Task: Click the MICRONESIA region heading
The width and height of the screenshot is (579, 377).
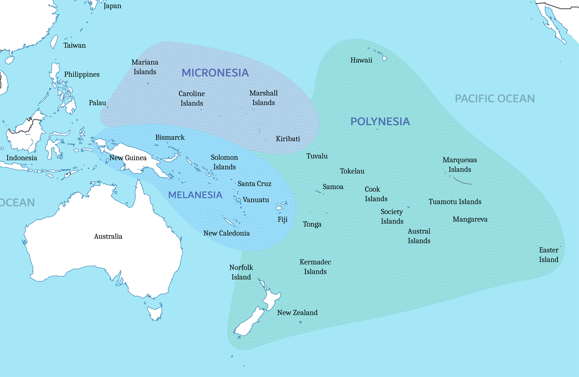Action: tap(215, 73)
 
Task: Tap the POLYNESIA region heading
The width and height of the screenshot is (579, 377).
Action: tap(380, 122)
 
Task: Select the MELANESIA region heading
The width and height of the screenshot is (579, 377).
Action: tap(195, 195)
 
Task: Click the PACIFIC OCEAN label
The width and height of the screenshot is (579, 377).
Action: tap(495, 99)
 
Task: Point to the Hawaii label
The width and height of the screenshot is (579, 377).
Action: tap(361, 60)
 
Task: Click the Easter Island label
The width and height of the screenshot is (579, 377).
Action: tap(548, 255)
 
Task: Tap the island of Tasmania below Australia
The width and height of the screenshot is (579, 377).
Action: tap(155, 313)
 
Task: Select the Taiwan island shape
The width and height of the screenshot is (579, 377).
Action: tap(54, 42)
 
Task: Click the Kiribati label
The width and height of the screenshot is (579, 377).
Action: tap(288, 139)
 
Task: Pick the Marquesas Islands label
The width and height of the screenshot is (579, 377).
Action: tap(459, 165)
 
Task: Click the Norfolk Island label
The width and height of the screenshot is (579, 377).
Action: tap(241, 272)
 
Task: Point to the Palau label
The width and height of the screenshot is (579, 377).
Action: tap(97, 103)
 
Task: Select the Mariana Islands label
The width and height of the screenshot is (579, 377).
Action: tap(145, 67)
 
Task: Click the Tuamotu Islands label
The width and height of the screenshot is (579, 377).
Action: tap(455, 202)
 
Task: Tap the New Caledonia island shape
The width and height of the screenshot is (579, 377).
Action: tap(230, 222)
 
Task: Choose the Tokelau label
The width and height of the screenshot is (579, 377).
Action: tap(352, 171)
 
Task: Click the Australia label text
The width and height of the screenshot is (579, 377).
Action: tap(108, 236)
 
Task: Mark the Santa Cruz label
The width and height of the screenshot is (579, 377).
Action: tap(254, 184)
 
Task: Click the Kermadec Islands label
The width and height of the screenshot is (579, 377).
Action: tap(315, 267)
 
